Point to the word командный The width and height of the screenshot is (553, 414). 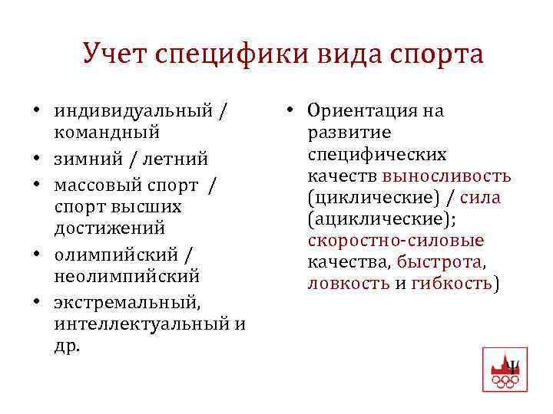(107, 132)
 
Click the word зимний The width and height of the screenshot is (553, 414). (84, 159)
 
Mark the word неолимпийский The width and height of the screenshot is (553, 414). (127, 274)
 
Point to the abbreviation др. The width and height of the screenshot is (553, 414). (66, 345)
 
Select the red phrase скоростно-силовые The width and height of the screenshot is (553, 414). (396, 241)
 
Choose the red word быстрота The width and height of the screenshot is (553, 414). (440, 262)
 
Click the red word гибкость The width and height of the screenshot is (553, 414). (451, 284)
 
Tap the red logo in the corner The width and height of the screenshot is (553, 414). (504, 370)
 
